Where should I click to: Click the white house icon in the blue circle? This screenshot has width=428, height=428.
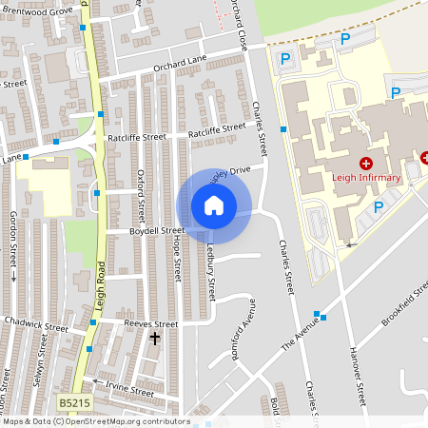(214, 204)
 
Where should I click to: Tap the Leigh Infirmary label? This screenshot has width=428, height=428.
(365, 176)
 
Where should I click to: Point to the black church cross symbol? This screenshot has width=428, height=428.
(155, 338)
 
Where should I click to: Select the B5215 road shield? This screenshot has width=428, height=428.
(75, 404)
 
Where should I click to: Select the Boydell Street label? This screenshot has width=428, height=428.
(158, 230)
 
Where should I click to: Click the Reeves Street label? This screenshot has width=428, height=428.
(146, 323)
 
